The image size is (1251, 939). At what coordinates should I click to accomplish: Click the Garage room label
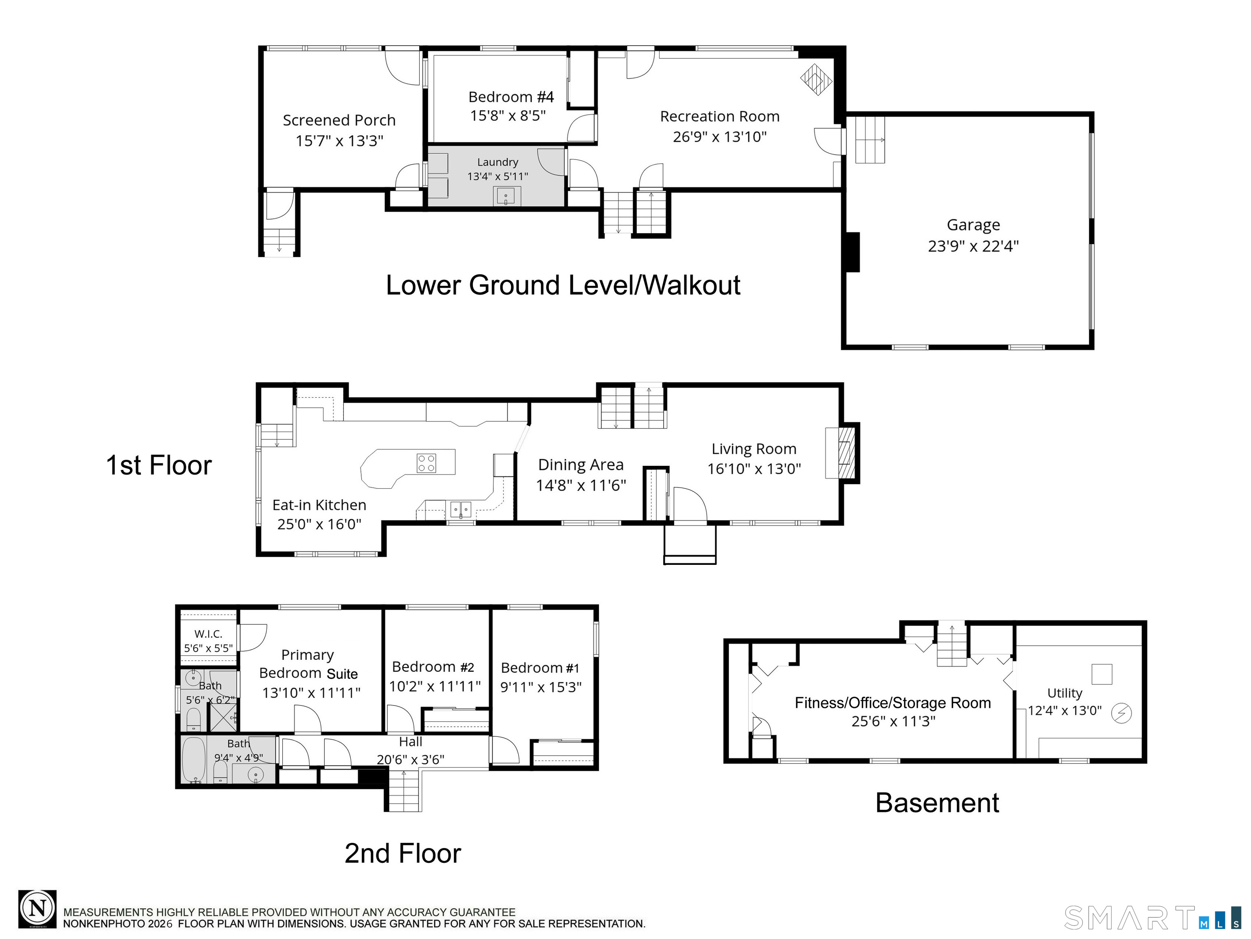[973, 225]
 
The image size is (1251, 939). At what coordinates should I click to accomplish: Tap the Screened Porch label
[339, 121]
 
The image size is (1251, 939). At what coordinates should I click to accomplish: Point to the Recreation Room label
[719, 117]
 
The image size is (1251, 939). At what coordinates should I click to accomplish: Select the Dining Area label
[581, 465]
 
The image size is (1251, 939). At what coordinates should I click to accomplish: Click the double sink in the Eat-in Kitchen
[460, 510]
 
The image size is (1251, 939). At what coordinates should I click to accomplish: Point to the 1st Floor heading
[158, 465]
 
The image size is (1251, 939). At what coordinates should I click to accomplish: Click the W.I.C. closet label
[208, 634]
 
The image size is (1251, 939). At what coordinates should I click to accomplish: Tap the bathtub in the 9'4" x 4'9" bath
[193, 760]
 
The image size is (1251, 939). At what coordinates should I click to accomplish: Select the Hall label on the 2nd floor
[411, 742]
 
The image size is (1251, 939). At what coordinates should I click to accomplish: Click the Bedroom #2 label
[433, 667]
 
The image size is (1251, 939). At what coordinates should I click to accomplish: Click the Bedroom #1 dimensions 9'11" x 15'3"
[541, 687]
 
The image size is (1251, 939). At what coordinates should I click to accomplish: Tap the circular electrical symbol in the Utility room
[1121, 713]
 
